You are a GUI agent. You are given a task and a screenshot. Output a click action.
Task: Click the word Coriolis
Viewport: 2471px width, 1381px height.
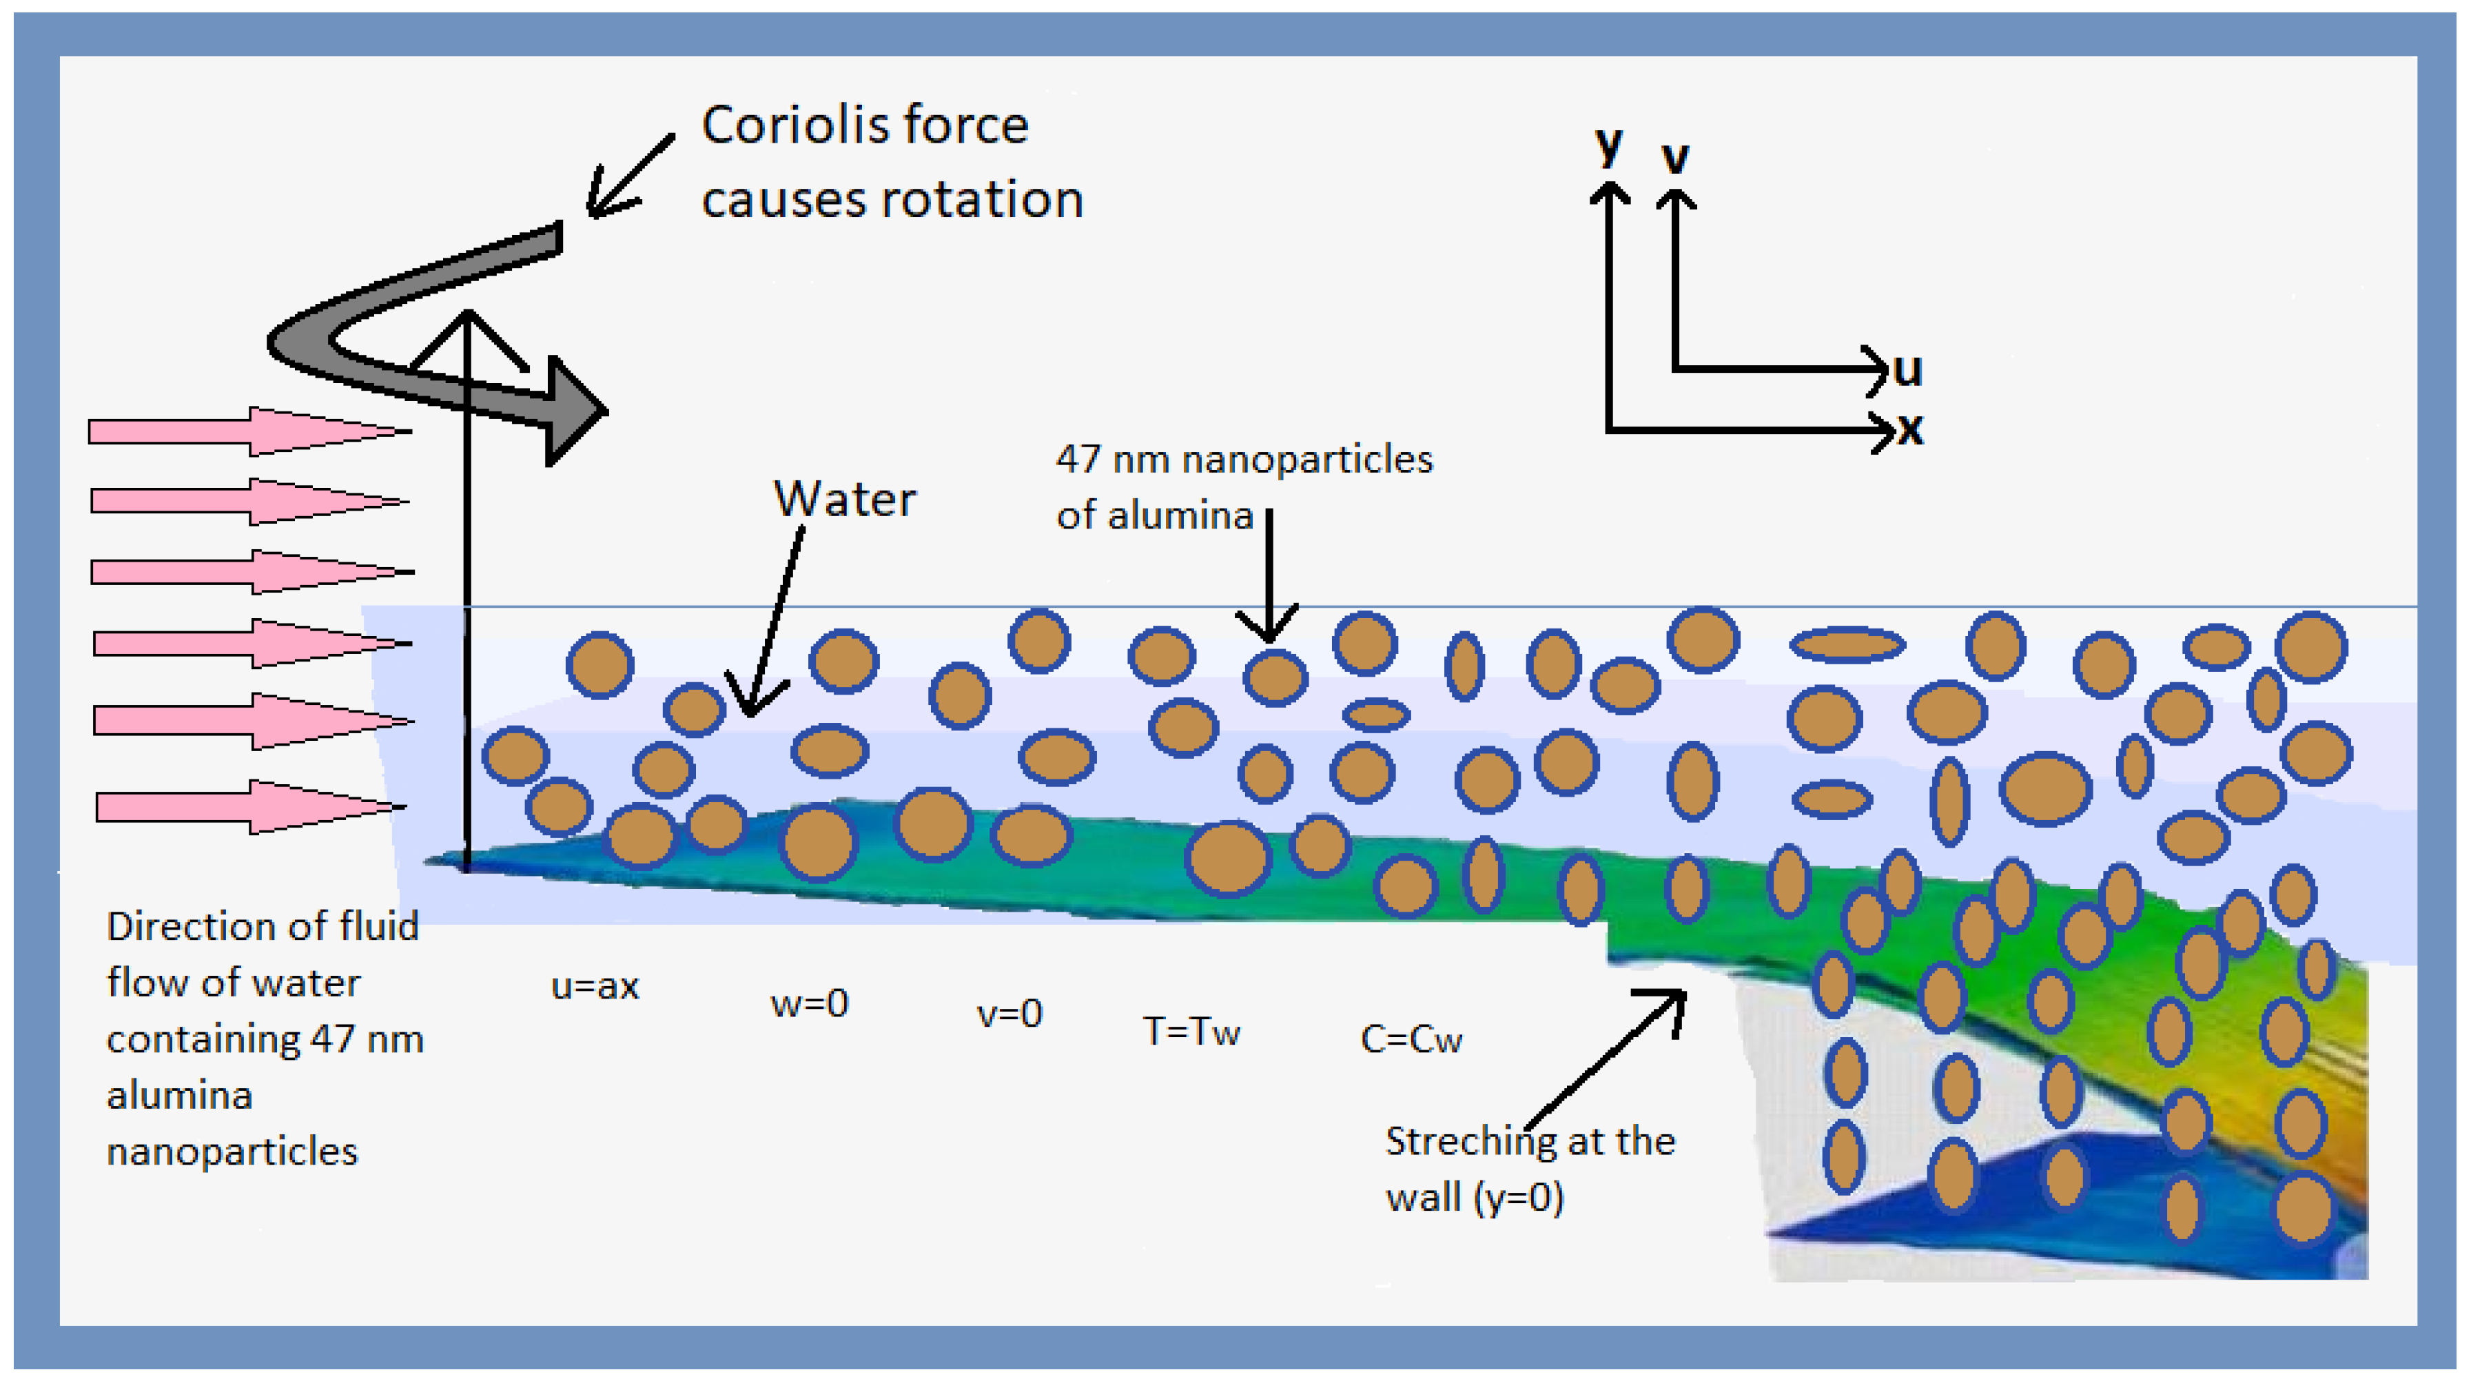pos(782,125)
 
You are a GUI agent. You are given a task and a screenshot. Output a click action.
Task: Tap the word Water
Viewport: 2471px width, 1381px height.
pos(844,500)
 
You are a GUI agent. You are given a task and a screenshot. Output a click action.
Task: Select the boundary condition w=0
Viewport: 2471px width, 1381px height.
pos(809,1003)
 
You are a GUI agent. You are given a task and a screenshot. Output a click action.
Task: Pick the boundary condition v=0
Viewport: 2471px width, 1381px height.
pos(1009,1014)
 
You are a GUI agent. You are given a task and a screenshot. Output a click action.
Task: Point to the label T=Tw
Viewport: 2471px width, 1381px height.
pos(1191,1032)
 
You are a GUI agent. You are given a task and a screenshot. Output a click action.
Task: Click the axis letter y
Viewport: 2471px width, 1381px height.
pos(1609,146)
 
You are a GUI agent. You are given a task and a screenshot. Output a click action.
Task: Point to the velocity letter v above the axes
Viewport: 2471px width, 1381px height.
pos(1675,156)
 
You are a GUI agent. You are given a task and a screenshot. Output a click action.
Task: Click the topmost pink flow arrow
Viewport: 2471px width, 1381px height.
pos(249,431)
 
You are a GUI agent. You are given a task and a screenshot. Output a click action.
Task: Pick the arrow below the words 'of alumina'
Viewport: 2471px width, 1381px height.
pos(1269,575)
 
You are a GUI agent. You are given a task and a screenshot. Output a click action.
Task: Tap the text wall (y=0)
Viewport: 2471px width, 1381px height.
pos(1475,1198)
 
